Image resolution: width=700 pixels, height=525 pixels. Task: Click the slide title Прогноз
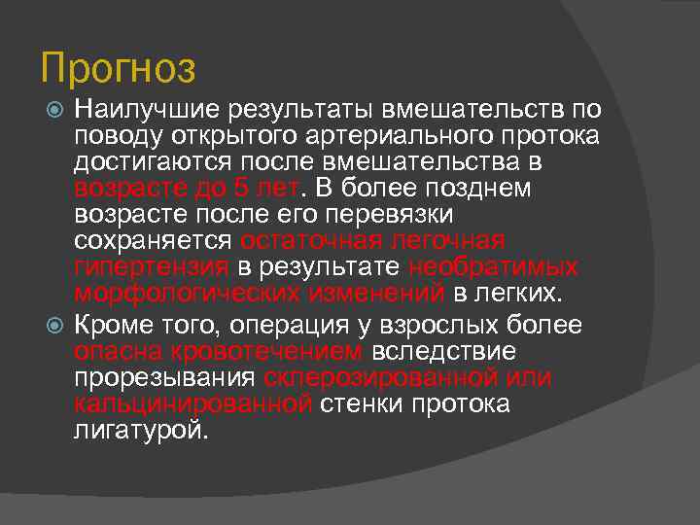tap(119, 68)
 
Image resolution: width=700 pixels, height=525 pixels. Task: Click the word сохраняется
tap(154, 240)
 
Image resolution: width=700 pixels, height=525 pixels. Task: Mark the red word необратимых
tap(494, 266)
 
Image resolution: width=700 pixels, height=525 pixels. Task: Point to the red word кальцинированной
tap(192, 403)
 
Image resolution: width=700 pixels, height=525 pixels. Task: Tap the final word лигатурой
tap(141, 431)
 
